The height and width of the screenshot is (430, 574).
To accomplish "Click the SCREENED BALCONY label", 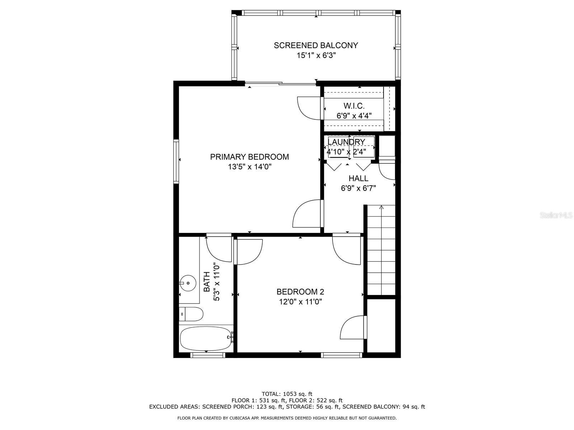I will tap(316, 46).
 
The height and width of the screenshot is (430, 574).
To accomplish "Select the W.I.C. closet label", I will tap(354, 106).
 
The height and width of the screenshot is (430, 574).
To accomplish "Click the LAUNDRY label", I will tap(346, 142).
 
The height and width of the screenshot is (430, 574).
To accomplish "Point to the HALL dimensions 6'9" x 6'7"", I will tap(358, 188).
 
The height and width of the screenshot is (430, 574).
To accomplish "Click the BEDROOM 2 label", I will tap(300, 292).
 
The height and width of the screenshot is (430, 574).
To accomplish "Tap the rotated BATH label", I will tap(207, 282).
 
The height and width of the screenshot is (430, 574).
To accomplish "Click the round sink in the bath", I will tap(188, 283).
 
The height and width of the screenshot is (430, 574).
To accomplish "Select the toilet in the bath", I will tap(192, 314).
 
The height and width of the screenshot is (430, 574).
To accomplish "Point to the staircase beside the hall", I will tap(381, 251).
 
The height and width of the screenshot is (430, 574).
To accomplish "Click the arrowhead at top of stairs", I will tap(381, 207).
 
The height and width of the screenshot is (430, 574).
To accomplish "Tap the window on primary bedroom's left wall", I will tap(176, 161).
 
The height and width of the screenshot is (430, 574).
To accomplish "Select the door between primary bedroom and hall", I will tap(307, 214).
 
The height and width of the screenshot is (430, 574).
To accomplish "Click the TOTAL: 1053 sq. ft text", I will tap(287, 394).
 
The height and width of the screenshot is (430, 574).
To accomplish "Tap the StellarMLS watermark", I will tap(556, 215).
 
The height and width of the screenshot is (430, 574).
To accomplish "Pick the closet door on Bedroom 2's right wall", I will tap(353, 327).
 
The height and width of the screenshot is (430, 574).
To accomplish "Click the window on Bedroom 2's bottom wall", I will tap(341, 355).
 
